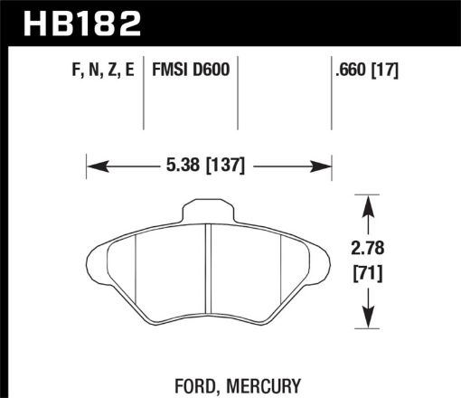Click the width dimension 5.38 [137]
(209, 166)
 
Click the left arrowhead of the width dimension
(93, 166)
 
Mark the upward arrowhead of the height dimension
(368, 203)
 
